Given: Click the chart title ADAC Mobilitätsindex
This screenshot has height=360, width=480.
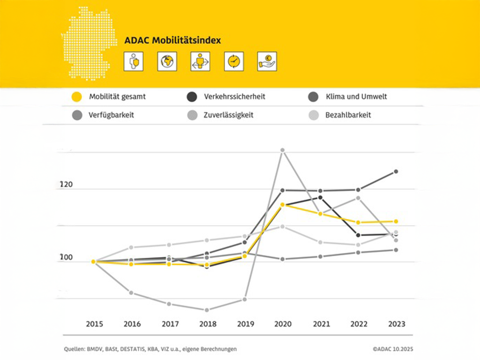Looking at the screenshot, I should [x=172, y=41].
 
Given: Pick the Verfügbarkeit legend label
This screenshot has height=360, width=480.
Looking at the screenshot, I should [x=111, y=115].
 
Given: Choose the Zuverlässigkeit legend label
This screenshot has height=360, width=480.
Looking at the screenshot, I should [x=229, y=115].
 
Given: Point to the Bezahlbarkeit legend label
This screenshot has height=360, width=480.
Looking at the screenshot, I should [x=348, y=115].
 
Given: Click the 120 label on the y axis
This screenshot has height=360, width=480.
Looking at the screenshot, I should [x=67, y=185].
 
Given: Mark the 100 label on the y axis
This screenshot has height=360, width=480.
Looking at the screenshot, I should [x=67, y=258].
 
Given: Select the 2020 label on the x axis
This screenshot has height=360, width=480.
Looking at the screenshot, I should [x=283, y=324].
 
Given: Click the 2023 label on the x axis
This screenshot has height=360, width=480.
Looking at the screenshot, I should [x=396, y=324].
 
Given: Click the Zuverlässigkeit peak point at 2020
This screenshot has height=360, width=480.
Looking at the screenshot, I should [x=283, y=150].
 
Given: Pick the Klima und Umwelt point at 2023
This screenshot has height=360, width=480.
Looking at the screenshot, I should [x=396, y=172].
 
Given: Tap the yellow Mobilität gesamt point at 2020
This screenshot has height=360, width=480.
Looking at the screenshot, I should [x=283, y=205].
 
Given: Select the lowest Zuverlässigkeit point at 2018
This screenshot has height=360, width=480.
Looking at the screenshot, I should [x=207, y=310].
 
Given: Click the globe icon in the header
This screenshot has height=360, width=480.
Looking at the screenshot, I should [x=167, y=61].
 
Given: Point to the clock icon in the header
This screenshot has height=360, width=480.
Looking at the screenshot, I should [x=233, y=61].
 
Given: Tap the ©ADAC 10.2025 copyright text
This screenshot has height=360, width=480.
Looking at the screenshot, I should [x=393, y=349].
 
